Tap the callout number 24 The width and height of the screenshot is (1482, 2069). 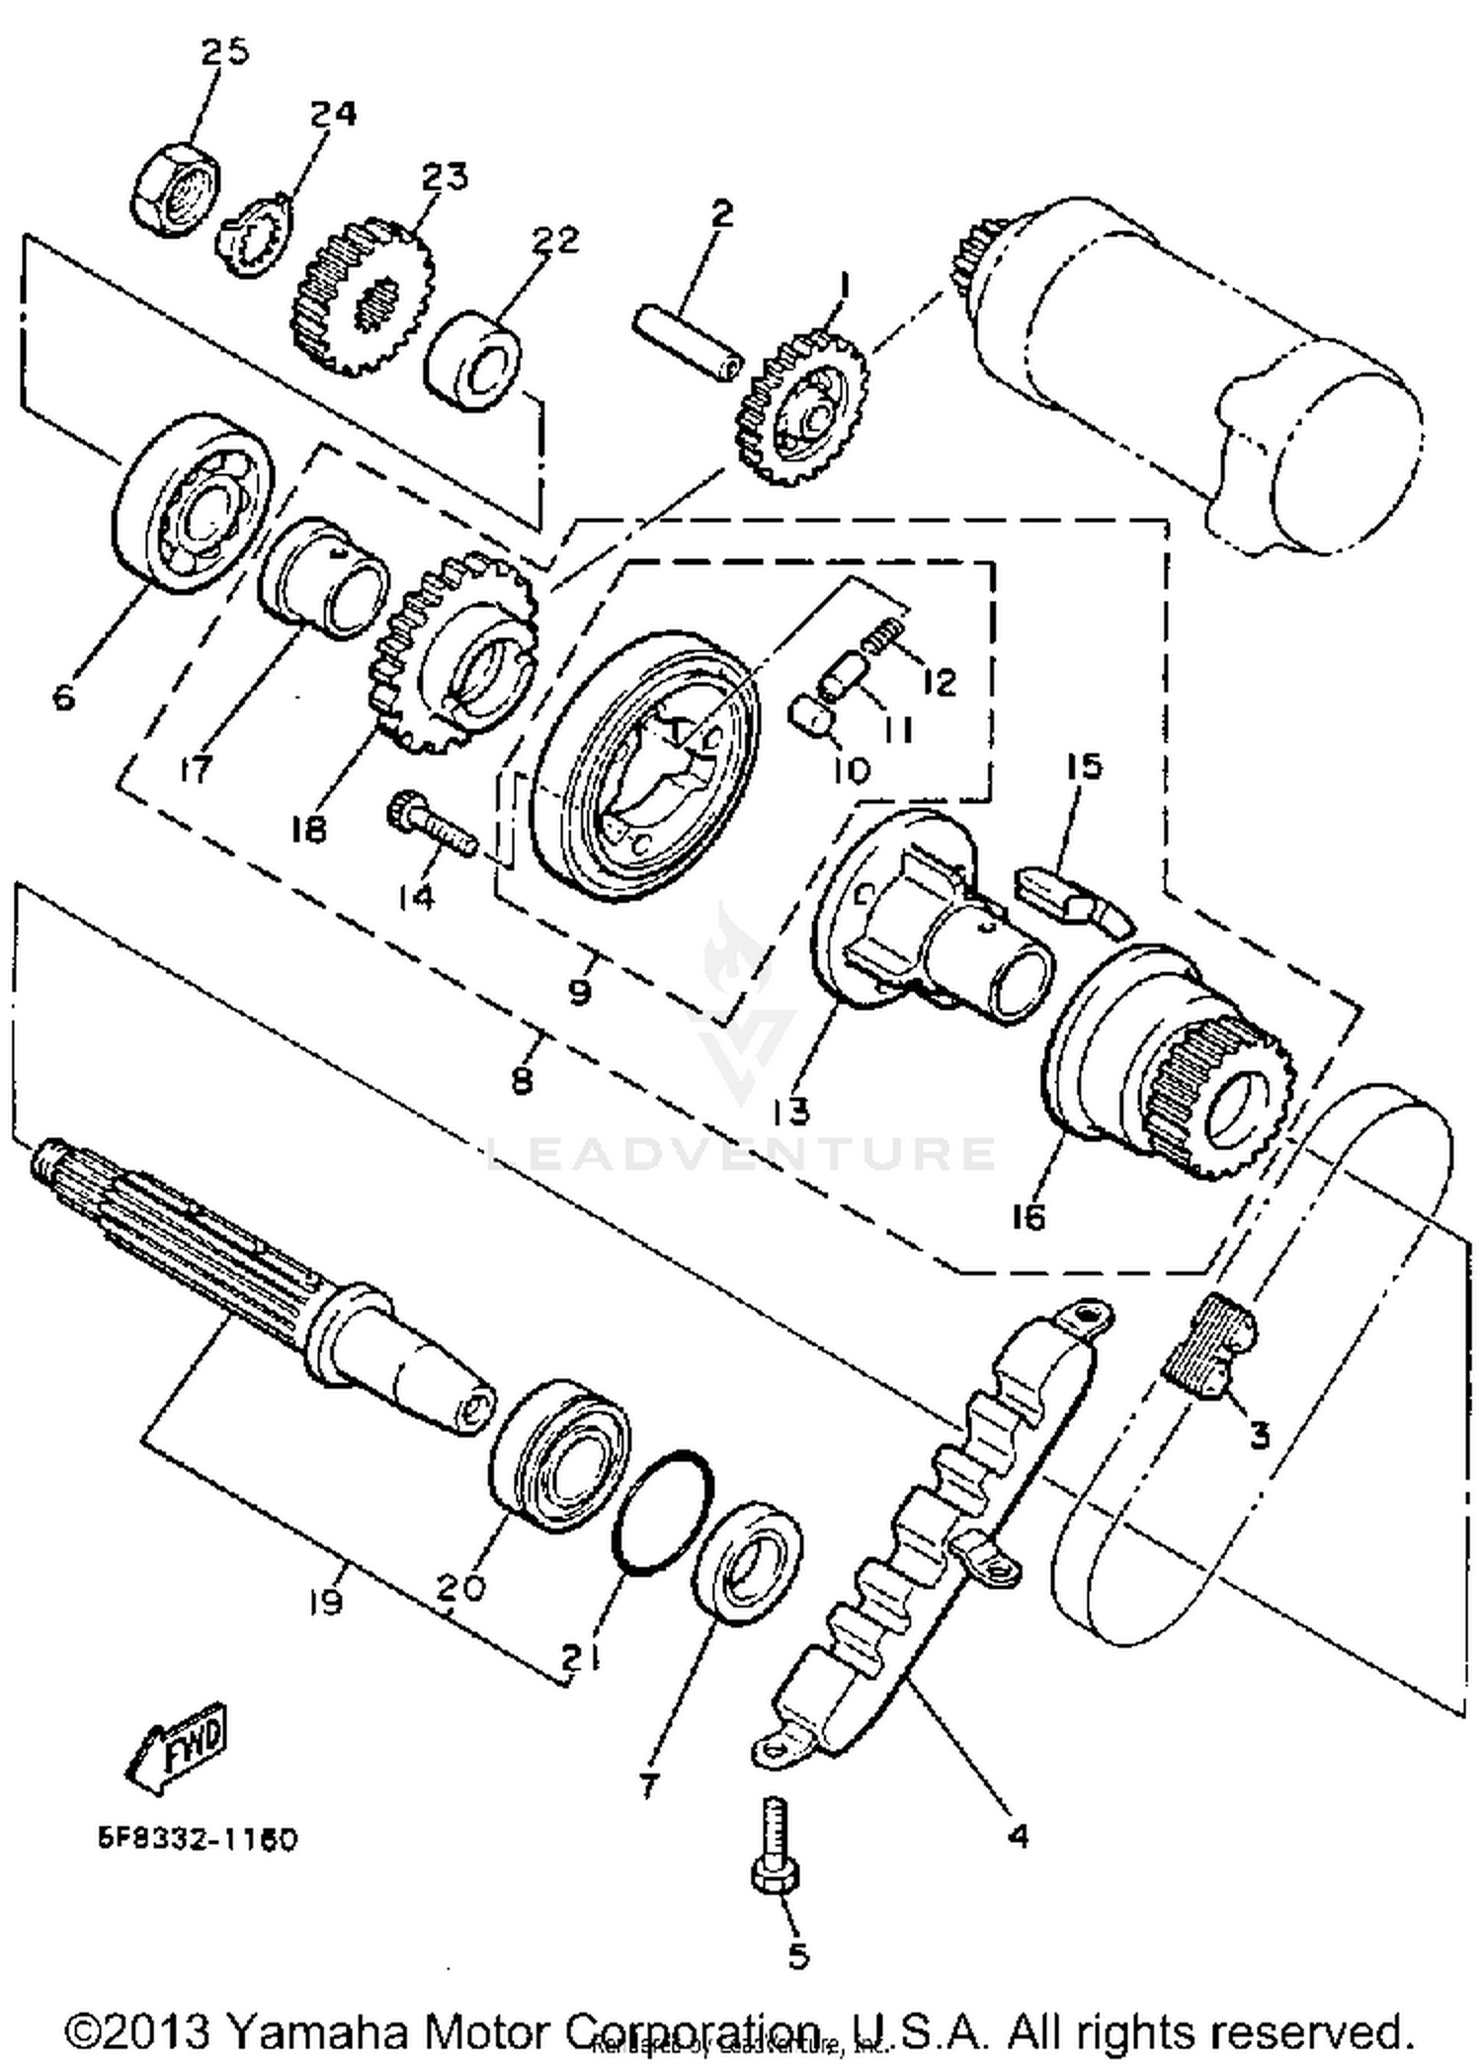click(x=333, y=114)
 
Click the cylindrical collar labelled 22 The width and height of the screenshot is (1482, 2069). click(x=473, y=361)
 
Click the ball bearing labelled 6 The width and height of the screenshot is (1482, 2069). click(x=194, y=505)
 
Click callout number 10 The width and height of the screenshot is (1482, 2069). click(x=849, y=769)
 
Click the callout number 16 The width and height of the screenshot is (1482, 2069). click(x=1028, y=1217)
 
